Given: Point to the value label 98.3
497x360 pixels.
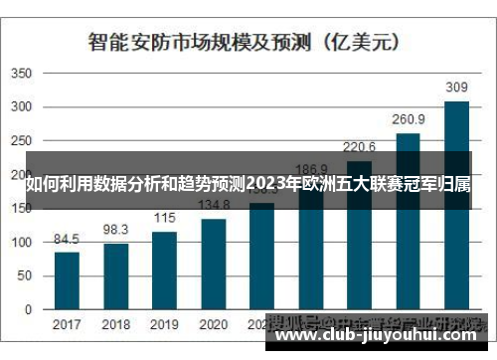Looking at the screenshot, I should (116, 229).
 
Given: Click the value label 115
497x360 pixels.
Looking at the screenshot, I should (165, 218).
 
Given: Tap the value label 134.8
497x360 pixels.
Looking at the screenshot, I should (214, 205).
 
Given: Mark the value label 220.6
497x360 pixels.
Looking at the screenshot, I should (359, 146).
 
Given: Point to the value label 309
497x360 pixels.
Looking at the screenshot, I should (456, 88).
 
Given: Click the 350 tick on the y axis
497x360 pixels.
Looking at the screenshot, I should (23, 74).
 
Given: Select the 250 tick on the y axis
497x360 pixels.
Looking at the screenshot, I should (23, 141).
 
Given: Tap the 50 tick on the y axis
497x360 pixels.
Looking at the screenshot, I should (27, 275).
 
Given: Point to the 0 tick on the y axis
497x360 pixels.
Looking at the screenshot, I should (31, 309).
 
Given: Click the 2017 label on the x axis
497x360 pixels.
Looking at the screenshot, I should (67, 325).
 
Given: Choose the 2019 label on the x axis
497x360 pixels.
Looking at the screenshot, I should (165, 325).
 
